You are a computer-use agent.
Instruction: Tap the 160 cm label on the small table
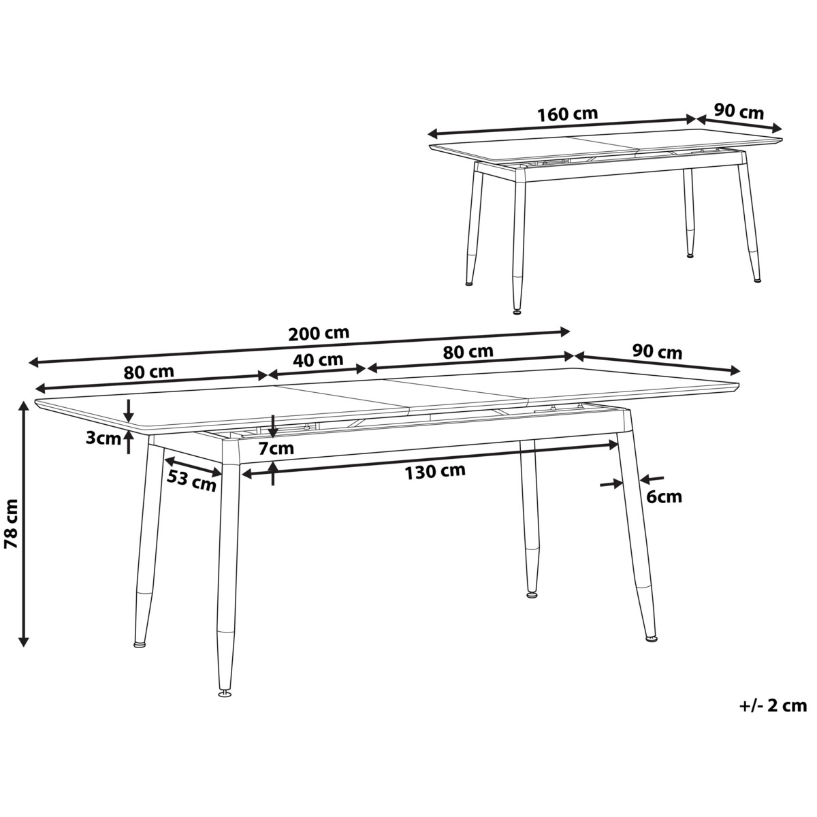click(x=567, y=114)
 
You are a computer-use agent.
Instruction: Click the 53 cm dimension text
click(x=192, y=481)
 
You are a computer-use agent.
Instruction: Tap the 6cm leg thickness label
click(x=663, y=497)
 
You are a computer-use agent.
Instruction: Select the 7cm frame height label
click(x=276, y=448)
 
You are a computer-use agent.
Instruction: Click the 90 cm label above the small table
click(x=739, y=111)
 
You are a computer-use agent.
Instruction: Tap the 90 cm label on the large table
click(x=657, y=352)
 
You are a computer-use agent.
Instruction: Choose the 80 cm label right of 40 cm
click(x=469, y=352)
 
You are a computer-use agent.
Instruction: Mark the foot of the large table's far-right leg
click(x=652, y=639)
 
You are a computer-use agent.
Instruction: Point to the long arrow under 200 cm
click(x=300, y=347)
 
